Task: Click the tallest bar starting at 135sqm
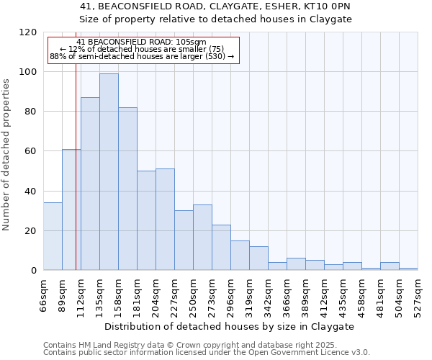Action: point(109,171)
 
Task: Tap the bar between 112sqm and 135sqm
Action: point(90,184)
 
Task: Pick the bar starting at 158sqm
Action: point(127,189)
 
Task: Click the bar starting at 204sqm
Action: point(165,220)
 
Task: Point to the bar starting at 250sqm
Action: point(202,238)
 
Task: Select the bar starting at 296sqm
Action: point(240,256)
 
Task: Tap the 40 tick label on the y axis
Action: point(30,192)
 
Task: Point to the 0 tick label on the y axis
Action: point(33,271)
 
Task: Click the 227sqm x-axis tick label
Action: point(174,295)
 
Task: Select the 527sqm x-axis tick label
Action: point(418,295)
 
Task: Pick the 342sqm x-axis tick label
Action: point(268,295)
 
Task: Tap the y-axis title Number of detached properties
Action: point(7,155)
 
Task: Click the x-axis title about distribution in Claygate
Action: point(230,326)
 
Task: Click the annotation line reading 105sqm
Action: point(142,42)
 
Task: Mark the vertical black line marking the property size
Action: point(76,180)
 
